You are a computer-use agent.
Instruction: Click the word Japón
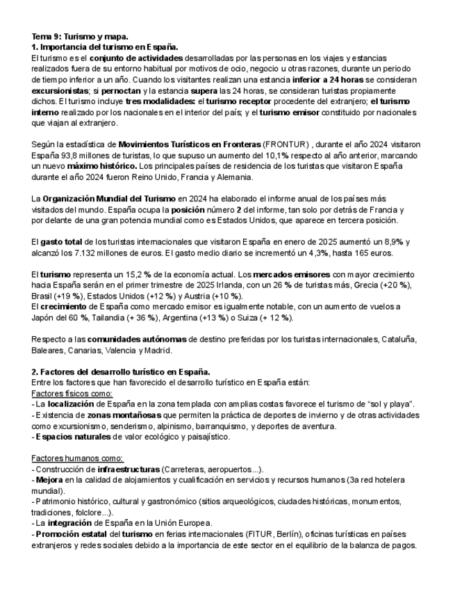(45, 317)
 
